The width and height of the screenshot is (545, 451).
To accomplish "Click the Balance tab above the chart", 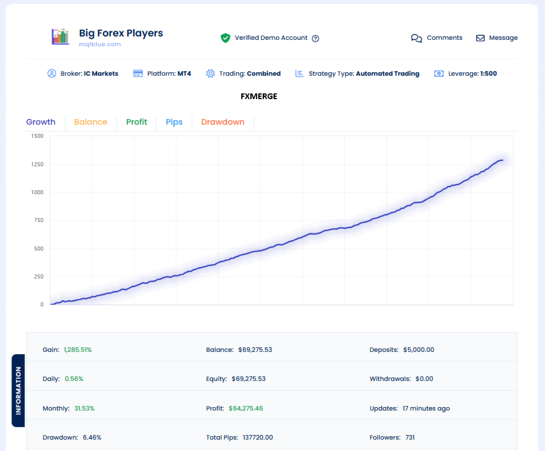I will pos(90,122).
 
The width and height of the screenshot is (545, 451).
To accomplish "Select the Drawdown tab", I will pos(222,122).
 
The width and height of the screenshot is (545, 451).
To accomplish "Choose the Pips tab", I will pos(174,122).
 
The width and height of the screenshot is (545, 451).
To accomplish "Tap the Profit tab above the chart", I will pos(137,122).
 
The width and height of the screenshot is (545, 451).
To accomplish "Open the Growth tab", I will pos(41,122).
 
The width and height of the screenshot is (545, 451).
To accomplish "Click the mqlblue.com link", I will pos(100,44).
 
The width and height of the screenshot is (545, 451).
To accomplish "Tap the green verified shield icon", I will pos(226,38).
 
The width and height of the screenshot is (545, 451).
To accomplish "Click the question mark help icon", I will pos(316,38).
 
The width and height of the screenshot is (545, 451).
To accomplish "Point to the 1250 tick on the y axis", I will pos(38,164).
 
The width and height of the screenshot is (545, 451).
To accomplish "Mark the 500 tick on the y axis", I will pos(38,248).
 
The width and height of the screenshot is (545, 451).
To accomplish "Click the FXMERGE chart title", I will pos(259,96).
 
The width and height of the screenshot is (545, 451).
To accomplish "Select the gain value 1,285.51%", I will pos(77,350).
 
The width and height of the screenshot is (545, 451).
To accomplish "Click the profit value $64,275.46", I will pos(246,408).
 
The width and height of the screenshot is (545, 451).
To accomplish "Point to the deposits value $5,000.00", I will pos(419,350).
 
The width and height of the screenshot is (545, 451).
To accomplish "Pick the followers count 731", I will pos(410,437).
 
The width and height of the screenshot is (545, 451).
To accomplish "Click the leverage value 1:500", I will pos(488,73).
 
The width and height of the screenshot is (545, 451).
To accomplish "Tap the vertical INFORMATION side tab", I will pos(18,390).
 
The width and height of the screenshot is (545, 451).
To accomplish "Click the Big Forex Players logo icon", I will pos(60,37).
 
